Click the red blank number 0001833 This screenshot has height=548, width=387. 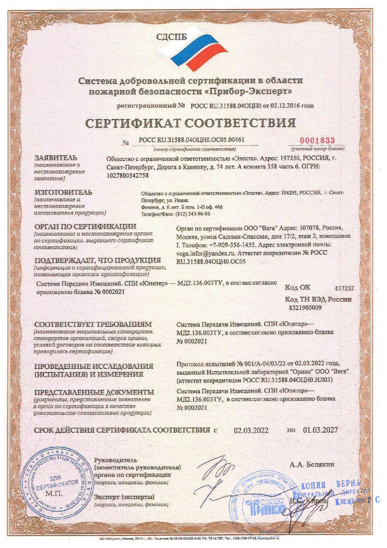point(319,140)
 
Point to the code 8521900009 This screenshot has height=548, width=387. point(305,307)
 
